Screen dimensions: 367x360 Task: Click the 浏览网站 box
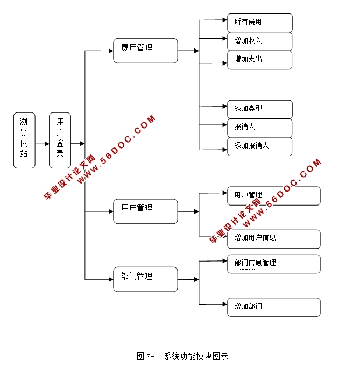tap(24, 140)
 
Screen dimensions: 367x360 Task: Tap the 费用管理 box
tap(145, 51)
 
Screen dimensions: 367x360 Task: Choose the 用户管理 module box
tap(145, 211)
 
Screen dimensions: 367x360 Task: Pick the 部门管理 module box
tap(145, 279)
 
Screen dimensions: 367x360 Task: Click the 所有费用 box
tap(259, 23)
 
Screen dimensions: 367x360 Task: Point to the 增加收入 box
tap(259, 41)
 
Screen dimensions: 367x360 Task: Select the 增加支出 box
tap(259, 60)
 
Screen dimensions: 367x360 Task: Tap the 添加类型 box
tap(259, 109)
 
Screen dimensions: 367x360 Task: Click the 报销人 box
tap(259, 128)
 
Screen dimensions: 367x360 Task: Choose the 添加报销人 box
tap(259, 146)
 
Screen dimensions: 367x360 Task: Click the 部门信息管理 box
tap(273, 264)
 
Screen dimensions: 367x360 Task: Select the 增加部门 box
tap(273, 307)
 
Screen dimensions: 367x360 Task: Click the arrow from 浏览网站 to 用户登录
tap(42, 144)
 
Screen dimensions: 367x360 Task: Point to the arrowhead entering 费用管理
tap(110, 51)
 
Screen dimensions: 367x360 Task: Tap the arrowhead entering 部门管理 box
tap(110, 279)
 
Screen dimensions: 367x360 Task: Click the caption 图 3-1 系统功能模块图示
tap(182, 356)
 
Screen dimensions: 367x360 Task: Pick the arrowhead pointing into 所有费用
tap(224, 20)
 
